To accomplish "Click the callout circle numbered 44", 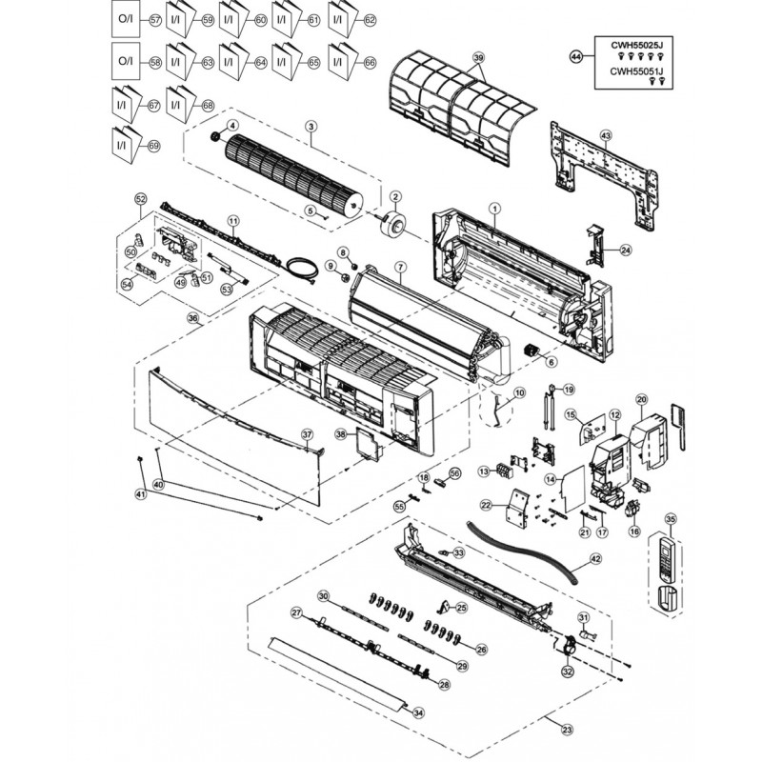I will (574, 57).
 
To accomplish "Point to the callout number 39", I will (479, 58).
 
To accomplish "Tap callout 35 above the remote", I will (670, 519).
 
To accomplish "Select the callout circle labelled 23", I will (567, 731).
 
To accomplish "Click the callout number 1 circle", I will (494, 207).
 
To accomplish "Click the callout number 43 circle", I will (607, 135).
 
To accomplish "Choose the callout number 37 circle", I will (307, 434).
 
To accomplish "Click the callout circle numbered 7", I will (400, 268).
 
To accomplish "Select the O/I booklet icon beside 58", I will (126, 61).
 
